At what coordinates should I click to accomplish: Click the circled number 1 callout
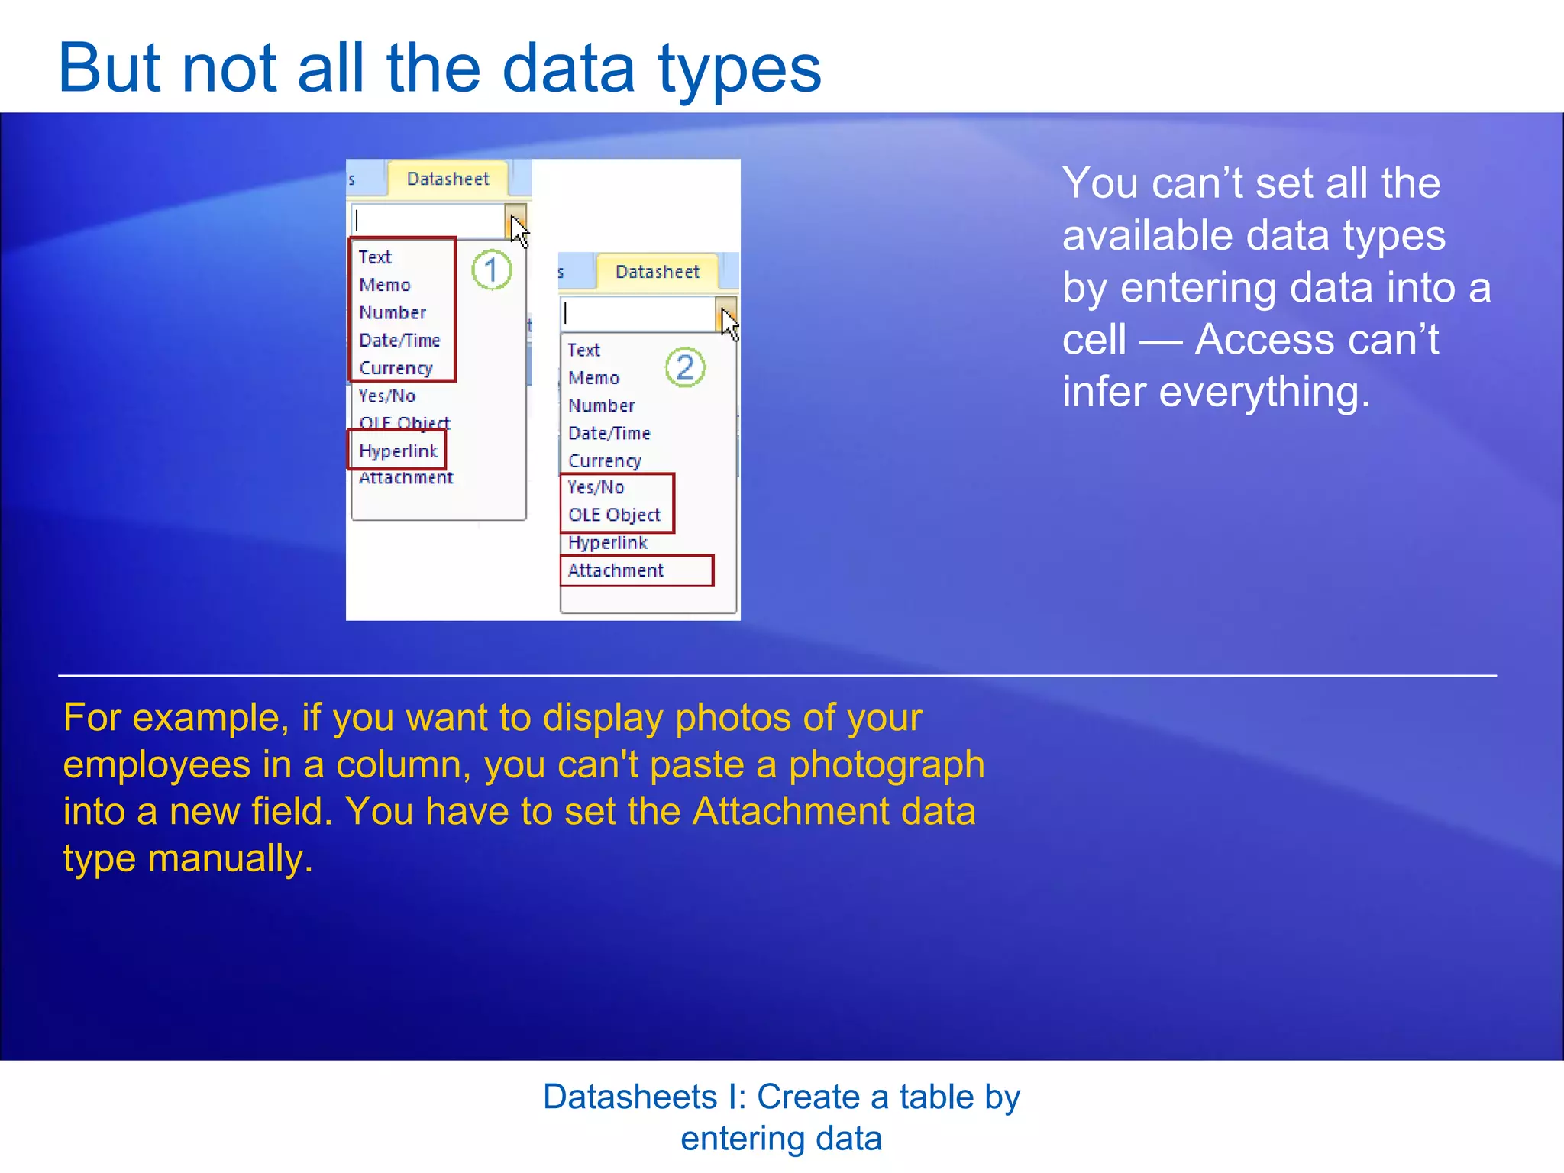click(x=491, y=270)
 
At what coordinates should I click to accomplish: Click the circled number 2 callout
click(x=685, y=367)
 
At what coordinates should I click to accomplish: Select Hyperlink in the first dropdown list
click(x=398, y=451)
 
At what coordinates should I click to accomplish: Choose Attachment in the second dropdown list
click(x=616, y=570)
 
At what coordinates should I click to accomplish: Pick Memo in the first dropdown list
click(x=385, y=285)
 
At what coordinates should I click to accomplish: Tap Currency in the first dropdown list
click(x=396, y=368)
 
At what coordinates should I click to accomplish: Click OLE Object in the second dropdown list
click(x=614, y=515)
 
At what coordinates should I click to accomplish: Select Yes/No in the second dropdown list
click(x=596, y=487)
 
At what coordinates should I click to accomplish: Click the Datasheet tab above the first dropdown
click(x=448, y=179)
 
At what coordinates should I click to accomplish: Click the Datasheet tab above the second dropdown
click(x=657, y=272)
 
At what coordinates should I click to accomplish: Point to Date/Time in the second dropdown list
click(x=609, y=433)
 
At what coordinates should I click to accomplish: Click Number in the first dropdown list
click(x=393, y=312)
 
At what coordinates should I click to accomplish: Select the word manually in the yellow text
click(x=230, y=858)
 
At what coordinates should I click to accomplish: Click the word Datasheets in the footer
click(x=630, y=1097)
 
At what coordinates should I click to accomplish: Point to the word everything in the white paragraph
click(x=1264, y=393)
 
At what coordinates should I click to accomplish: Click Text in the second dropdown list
click(x=583, y=350)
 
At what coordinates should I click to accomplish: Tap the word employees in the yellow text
click(x=157, y=764)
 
